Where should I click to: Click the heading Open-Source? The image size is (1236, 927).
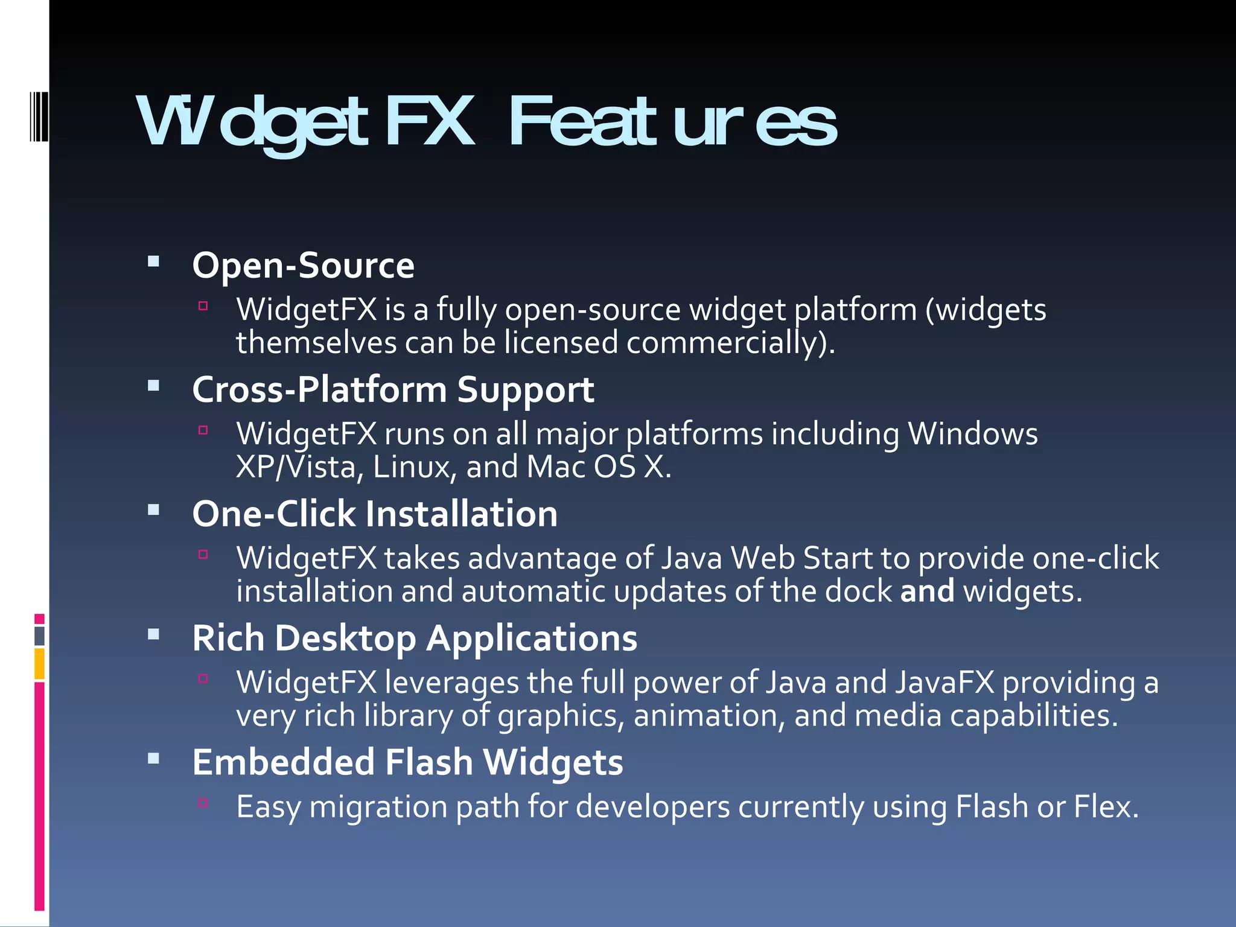pyautogui.click(x=303, y=266)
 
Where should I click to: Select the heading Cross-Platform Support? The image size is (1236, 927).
pyautogui.click(x=393, y=390)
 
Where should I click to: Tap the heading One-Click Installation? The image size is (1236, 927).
pyautogui.click(x=375, y=514)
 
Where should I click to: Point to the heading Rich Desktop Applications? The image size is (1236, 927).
pyautogui.click(x=415, y=639)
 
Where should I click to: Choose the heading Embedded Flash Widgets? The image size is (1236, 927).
pyautogui.click(x=407, y=762)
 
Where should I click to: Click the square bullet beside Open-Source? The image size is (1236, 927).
pyautogui.click(x=153, y=262)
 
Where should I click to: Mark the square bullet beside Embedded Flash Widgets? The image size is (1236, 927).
pyautogui.click(x=153, y=759)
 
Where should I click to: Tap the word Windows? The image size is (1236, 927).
pyautogui.click(x=973, y=434)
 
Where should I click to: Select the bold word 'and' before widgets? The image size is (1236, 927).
pyautogui.click(x=927, y=591)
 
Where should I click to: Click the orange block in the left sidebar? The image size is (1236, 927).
pyautogui.click(x=39, y=664)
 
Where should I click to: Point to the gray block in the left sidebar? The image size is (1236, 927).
pyautogui.click(x=39, y=636)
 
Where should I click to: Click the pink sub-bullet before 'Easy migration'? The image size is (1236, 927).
pyautogui.click(x=203, y=803)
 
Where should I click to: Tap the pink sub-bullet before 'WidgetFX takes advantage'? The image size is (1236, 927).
pyautogui.click(x=203, y=555)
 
